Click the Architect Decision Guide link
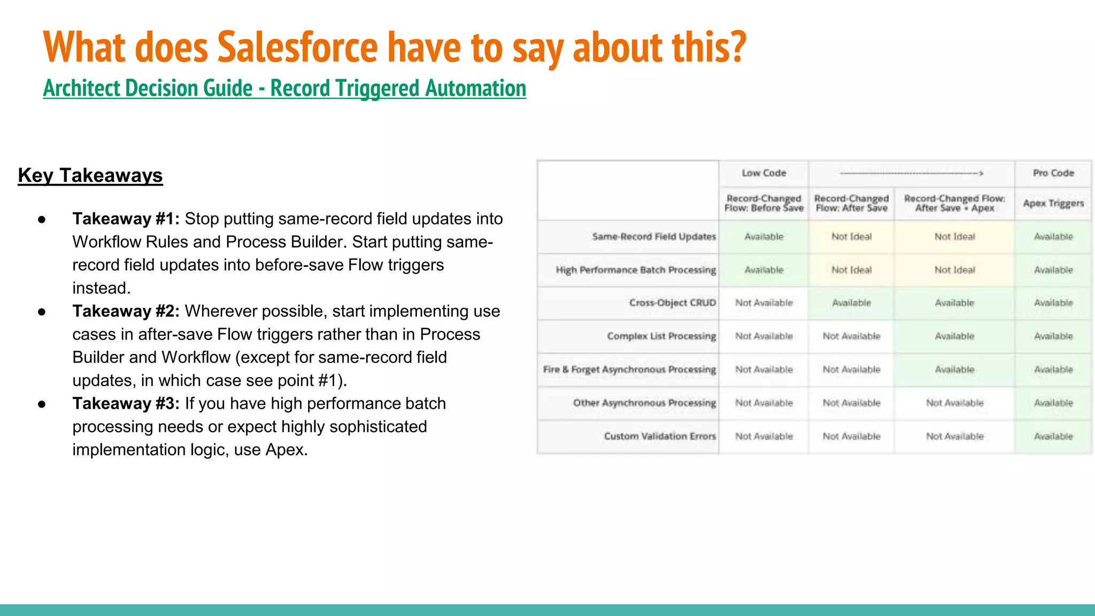[284, 88]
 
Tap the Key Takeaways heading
[90, 175]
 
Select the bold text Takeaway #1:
[126, 219]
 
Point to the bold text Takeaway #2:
[126, 311]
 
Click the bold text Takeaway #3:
[126, 404]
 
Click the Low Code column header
[764, 173]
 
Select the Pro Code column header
[1053, 173]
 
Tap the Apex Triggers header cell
[1053, 203]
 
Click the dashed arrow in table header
[911, 173]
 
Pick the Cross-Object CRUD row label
[672, 303]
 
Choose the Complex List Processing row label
[661, 336]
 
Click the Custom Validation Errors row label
[659, 436]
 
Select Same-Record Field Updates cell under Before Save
[764, 237]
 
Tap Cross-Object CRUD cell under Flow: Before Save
[764, 303]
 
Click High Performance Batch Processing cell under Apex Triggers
[1053, 270]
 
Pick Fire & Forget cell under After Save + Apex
[954, 369]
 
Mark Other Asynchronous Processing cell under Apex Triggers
[1053, 403]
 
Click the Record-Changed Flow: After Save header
[851, 203]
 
